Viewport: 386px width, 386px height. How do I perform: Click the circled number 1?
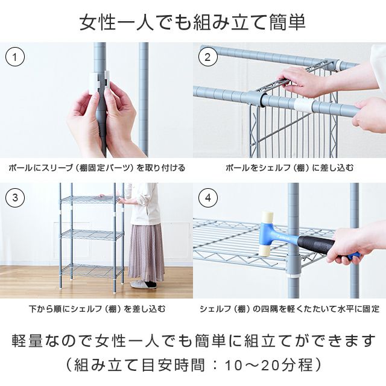(x=15, y=57)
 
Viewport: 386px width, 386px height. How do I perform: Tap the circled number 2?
(x=207, y=57)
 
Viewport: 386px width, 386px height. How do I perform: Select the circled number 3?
(x=15, y=197)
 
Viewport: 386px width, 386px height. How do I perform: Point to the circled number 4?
(x=207, y=197)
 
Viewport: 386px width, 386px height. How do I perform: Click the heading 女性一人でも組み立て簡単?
(x=193, y=22)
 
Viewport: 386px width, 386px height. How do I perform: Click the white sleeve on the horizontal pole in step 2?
(x=303, y=106)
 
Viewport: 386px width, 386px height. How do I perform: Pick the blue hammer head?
(x=267, y=234)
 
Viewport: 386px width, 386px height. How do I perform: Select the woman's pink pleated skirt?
(x=147, y=252)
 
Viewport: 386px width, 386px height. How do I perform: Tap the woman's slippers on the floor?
(x=144, y=284)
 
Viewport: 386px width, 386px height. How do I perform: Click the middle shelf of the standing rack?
(x=92, y=235)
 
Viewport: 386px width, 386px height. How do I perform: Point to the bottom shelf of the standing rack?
(x=92, y=270)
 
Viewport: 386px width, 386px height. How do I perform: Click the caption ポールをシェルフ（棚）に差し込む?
(x=289, y=168)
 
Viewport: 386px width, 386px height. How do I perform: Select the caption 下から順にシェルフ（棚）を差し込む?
(x=97, y=308)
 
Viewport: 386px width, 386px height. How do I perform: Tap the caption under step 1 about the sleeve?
(x=96, y=168)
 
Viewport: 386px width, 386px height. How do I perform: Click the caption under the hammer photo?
(x=289, y=308)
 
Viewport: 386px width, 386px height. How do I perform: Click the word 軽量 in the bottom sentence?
(x=27, y=341)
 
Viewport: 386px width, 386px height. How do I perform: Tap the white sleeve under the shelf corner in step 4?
(x=293, y=275)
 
